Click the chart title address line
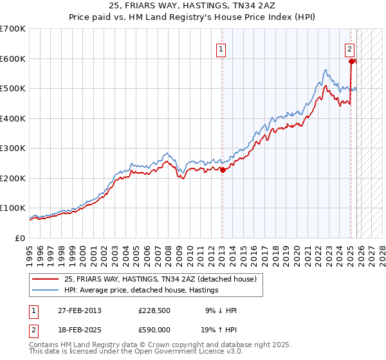point(192,7)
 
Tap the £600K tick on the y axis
point(13,59)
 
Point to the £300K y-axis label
point(13,148)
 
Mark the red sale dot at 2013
point(223,170)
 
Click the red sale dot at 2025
point(352,62)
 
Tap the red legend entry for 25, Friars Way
point(160,279)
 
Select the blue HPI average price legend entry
point(141,290)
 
